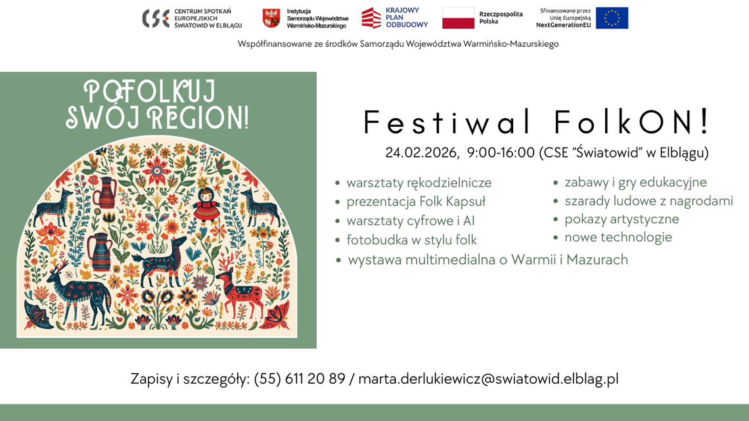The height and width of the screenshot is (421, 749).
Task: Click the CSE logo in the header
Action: pyautogui.click(x=155, y=18)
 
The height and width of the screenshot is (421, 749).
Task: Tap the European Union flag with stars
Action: pyautogui.click(x=612, y=18)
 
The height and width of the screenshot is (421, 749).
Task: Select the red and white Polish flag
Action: pyautogui.click(x=458, y=18)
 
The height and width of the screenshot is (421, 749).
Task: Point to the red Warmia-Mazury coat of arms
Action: pyautogui.click(x=271, y=18)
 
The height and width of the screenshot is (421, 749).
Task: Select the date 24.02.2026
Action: pyautogui.click(x=421, y=153)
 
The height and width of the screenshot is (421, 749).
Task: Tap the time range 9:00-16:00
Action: pyautogui.click(x=501, y=153)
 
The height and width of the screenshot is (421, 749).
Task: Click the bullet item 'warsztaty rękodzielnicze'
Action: pyautogui.click(x=419, y=183)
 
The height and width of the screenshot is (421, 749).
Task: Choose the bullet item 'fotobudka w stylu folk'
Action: pyautogui.click(x=411, y=240)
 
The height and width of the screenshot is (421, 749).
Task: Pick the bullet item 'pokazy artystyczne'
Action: pyautogui.click(x=622, y=219)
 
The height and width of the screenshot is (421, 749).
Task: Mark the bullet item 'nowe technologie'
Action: pyautogui.click(x=618, y=237)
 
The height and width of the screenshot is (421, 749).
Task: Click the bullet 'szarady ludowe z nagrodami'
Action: pyautogui.click(x=648, y=201)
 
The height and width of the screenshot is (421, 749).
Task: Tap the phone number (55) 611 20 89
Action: pyautogui.click(x=300, y=379)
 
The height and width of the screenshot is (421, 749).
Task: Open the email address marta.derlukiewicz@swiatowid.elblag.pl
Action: pyautogui.click(x=488, y=379)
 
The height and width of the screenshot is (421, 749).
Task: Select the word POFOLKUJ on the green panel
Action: pyautogui.click(x=150, y=91)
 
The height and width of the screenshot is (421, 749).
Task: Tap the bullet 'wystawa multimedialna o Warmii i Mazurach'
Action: pyautogui.click(x=488, y=260)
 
